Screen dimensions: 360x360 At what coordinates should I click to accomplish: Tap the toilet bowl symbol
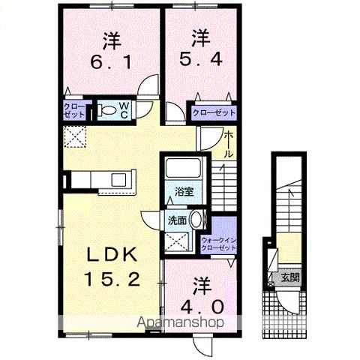pyautogui.click(x=108, y=112)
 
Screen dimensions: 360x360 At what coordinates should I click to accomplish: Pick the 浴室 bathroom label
pyautogui.click(x=185, y=190)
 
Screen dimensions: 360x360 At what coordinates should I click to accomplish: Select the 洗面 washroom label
pyautogui.click(x=177, y=220)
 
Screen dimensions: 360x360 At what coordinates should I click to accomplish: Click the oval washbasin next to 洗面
pyautogui.click(x=196, y=220)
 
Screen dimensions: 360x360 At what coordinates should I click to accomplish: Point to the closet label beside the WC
pyautogui.click(x=74, y=112)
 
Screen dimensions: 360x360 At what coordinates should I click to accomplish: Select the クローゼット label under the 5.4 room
pyautogui.click(x=214, y=112)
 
